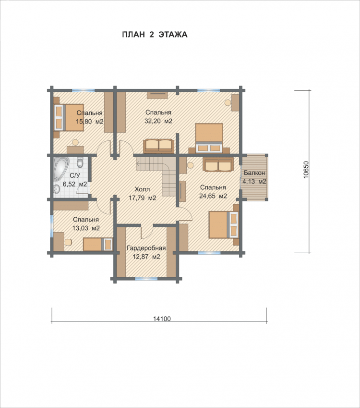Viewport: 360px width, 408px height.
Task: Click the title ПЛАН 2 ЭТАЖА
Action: [155, 35]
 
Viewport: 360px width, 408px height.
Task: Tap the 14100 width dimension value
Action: [162, 319]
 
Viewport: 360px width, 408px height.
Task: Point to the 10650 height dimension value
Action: [306, 170]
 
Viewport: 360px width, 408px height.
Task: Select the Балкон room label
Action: [254, 173]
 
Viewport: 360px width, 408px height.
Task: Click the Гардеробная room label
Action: [146, 248]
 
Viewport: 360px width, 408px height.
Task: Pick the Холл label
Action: [142, 189]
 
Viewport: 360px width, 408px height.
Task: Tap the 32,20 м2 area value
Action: [158, 121]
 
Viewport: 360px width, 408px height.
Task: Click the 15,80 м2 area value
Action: [89, 122]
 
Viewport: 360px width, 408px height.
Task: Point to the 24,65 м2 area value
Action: [213, 196]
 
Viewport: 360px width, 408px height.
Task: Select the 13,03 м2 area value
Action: [86, 228]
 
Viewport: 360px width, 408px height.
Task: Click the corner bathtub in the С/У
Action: [61, 169]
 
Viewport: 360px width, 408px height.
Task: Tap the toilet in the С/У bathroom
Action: [80, 162]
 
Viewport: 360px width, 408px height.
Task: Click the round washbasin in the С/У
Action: [57, 189]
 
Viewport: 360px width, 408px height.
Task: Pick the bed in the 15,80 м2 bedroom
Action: [69, 117]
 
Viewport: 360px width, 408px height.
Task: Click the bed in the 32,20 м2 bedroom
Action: [209, 137]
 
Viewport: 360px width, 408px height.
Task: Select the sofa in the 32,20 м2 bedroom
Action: [158, 146]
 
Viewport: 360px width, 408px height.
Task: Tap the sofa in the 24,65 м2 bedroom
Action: [218, 164]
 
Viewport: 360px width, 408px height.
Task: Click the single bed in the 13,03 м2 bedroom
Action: [98, 244]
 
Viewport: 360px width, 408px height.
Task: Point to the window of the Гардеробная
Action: [146, 279]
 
